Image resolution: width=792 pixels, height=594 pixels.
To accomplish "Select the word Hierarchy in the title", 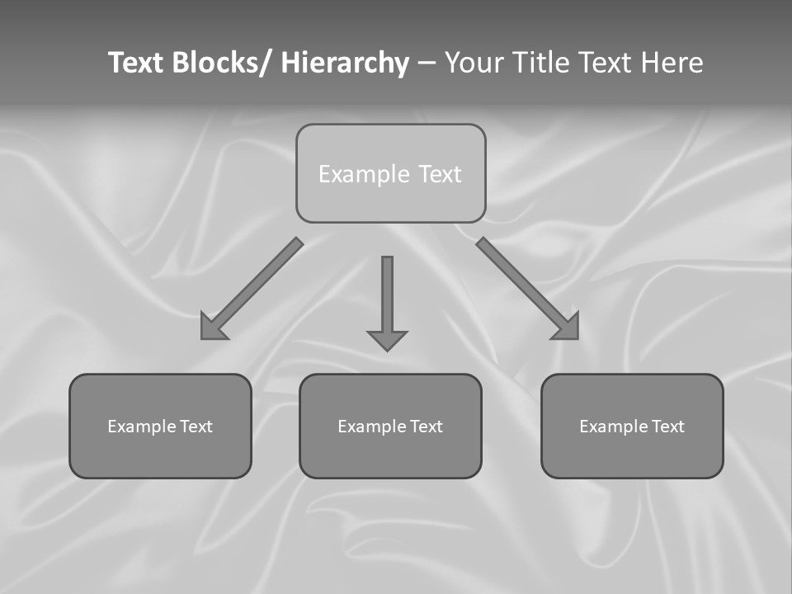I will click(345, 63).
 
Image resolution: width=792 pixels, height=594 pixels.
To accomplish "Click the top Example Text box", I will click(390, 173).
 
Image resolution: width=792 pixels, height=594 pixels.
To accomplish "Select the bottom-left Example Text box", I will click(160, 426).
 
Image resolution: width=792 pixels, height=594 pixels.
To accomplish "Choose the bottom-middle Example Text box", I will click(390, 426).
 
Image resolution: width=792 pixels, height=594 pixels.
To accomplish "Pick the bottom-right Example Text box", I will click(632, 426).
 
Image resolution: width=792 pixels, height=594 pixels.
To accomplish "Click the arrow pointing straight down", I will click(387, 297).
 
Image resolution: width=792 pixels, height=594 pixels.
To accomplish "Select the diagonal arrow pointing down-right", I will click(524, 285).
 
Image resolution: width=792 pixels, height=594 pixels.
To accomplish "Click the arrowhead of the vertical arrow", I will click(387, 340).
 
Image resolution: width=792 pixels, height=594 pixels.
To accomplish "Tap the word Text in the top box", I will click(440, 174).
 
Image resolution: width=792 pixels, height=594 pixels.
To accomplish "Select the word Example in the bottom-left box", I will click(141, 427).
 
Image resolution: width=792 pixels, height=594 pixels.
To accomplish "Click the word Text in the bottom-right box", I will click(668, 427).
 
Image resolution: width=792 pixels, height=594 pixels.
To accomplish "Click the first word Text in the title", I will click(136, 63).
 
